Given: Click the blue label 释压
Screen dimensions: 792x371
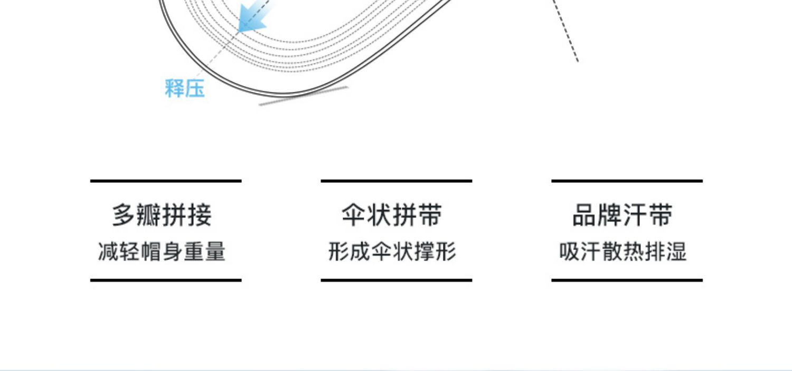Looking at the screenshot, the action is [184, 88].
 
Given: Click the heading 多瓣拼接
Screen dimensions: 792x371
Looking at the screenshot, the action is [162, 216].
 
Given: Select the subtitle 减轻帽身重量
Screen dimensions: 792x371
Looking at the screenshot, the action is [162, 252].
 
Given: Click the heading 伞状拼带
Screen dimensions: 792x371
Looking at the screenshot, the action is [392, 216].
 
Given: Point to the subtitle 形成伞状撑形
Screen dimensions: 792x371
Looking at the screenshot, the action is [392, 252].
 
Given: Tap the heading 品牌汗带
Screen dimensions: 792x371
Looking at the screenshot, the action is [623, 216].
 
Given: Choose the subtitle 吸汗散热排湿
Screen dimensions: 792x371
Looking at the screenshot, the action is [623, 252].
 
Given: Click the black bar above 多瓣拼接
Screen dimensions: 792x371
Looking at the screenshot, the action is [166, 181].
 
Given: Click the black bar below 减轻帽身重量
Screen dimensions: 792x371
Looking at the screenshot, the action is [166, 280].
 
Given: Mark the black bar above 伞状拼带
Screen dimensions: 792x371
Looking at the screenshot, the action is [396, 181].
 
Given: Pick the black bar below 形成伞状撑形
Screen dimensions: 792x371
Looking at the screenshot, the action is [396, 280].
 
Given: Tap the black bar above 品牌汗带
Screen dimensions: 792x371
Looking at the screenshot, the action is [627, 181].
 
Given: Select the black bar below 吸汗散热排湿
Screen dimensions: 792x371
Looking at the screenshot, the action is [627, 280].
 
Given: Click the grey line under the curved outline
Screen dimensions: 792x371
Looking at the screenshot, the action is [303, 96].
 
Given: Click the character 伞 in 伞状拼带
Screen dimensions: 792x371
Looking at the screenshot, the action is [354, 216].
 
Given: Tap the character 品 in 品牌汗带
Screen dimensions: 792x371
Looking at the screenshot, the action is [584, 216].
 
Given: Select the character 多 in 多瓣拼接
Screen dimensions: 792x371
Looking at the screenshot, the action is [124, 216].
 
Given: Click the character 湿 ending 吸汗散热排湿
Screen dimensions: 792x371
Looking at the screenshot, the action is [676, 252].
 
